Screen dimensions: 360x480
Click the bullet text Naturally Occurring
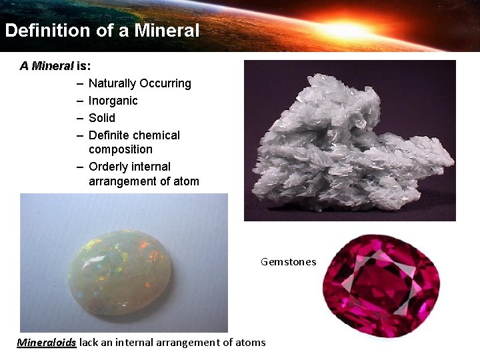click(139, 83)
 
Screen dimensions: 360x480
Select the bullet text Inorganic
click(113, 101)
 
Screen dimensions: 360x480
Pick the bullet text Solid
click(101, 118)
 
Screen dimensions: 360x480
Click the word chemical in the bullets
click(156, 135)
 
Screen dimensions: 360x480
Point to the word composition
click(120, 149)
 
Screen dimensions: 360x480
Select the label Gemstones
click(288, 262)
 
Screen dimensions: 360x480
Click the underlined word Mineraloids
click(47, 343)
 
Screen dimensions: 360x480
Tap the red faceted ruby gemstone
click(381, 287)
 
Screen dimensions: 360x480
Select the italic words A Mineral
click(47, 66)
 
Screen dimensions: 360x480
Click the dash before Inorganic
click(79, 101)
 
